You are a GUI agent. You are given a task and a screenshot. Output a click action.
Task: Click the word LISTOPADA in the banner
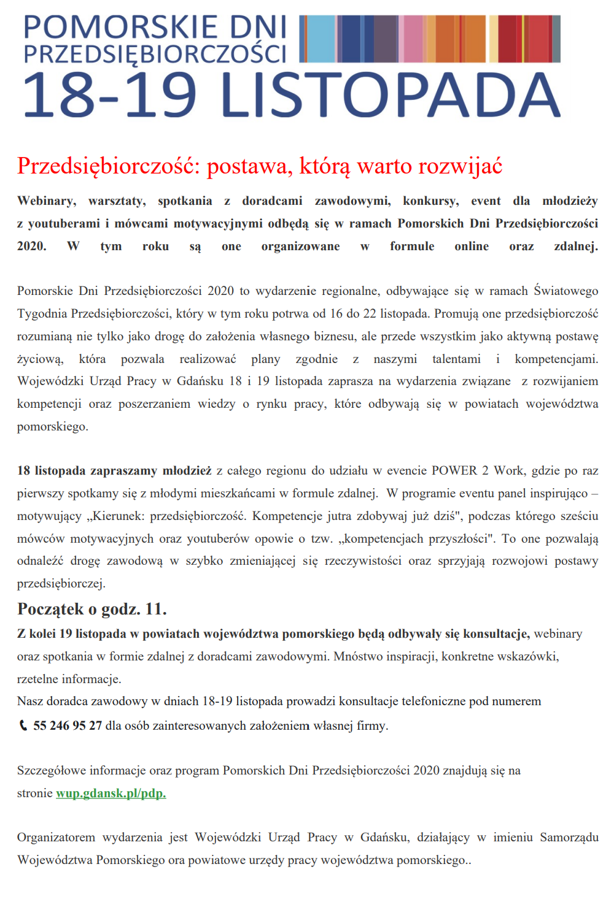coord(390,96)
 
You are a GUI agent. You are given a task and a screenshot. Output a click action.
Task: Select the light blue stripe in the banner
coord(321,39)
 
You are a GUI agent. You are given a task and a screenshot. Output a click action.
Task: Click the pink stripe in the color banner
coord(413,39)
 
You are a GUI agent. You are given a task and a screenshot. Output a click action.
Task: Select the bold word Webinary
coord(47,201)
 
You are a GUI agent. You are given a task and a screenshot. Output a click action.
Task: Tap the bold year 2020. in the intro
coord(32,247)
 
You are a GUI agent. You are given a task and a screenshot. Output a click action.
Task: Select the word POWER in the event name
coord(454,470)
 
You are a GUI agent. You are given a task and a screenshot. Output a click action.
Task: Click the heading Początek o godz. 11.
coord(92,609)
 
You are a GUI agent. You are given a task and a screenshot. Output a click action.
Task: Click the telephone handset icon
coord(23,725)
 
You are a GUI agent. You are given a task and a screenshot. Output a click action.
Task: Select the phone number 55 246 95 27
coord(68,725)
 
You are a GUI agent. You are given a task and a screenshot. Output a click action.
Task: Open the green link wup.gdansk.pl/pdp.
coord(111,793)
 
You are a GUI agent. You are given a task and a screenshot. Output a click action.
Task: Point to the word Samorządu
coord(569,837)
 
